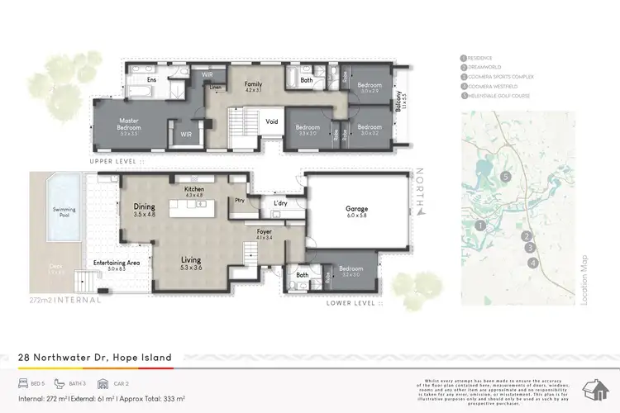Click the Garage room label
pos(356,209)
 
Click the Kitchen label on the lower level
pos(194,190)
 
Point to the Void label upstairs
pos(271,121)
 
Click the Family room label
pos(252,84)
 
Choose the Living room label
pos(191,259)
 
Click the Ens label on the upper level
pos(151,80)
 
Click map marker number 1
pos(480,225)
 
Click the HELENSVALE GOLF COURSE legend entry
pos(501,96)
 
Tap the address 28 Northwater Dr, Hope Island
pos(96,358)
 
